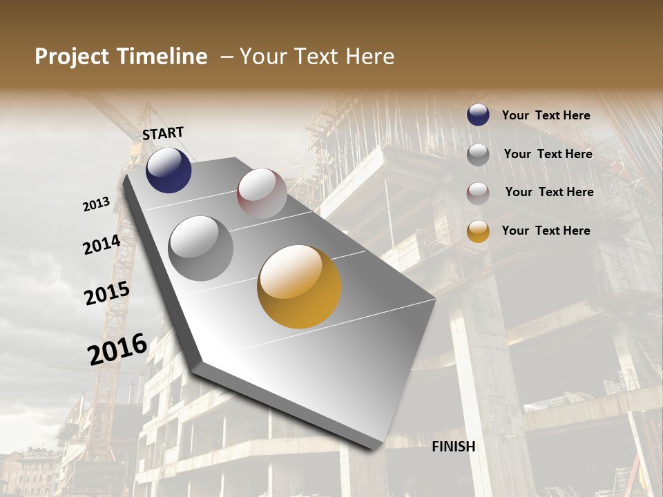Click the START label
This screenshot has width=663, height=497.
(163, 133)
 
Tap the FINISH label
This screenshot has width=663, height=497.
(454, 447)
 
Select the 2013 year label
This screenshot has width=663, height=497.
(97, 204)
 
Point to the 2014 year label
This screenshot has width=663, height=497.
(102, 245)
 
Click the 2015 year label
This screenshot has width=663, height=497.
(107, 293)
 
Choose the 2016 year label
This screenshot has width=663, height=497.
(117, 349)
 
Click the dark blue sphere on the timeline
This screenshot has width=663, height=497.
(169, 170)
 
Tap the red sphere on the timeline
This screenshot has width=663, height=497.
(262, 193)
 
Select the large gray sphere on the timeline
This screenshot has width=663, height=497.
(201, 248)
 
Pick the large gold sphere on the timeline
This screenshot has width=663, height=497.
(299, 286)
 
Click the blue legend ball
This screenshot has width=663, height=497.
(478, 115)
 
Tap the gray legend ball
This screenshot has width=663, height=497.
(478, 155)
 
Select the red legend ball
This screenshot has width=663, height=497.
(478, 193)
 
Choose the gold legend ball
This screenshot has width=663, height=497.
(478, 231)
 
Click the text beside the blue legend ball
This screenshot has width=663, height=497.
(546, 115)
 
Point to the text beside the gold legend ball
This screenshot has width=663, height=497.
(546, 231)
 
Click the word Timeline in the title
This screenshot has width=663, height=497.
(163, 57)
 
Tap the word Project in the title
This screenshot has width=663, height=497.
(73, 57)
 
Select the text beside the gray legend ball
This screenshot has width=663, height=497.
(548, 154)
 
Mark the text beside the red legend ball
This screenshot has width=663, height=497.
(549, 192)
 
